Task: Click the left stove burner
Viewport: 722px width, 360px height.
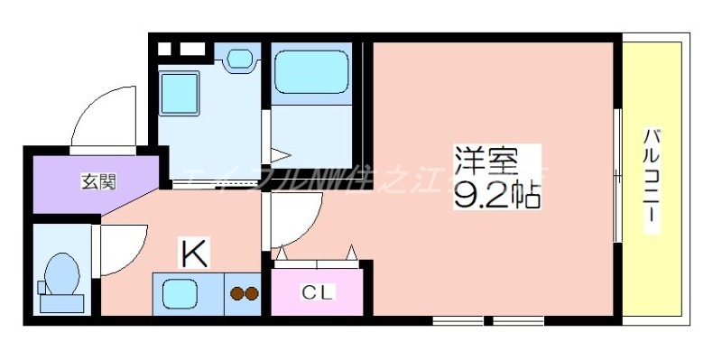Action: (236, 293)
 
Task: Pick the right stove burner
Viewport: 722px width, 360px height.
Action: (252, 293)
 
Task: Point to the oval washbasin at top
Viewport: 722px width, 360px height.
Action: (240, 60)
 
